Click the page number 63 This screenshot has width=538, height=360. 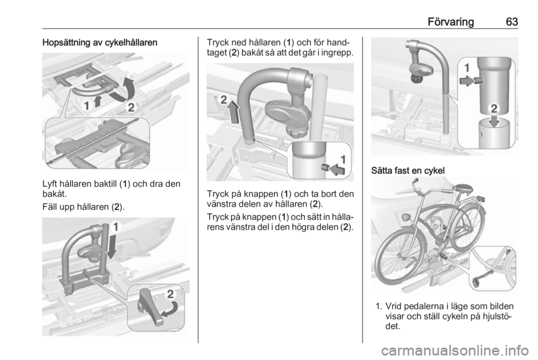[512, 22]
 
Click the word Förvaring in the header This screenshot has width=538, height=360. [451, 22]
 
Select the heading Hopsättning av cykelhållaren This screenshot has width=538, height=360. [100, 43]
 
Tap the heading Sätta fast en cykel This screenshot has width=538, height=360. [407, 170]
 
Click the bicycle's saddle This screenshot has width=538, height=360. [463, 188]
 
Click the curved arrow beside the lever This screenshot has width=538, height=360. [170, 309]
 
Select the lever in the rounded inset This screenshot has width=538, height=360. [149, 307]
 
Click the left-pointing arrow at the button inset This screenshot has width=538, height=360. [337, 169]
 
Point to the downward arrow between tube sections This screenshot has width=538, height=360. [494, 121]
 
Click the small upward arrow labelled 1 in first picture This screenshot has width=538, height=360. [98, 101]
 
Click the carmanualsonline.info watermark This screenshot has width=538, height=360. [455, 350]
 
